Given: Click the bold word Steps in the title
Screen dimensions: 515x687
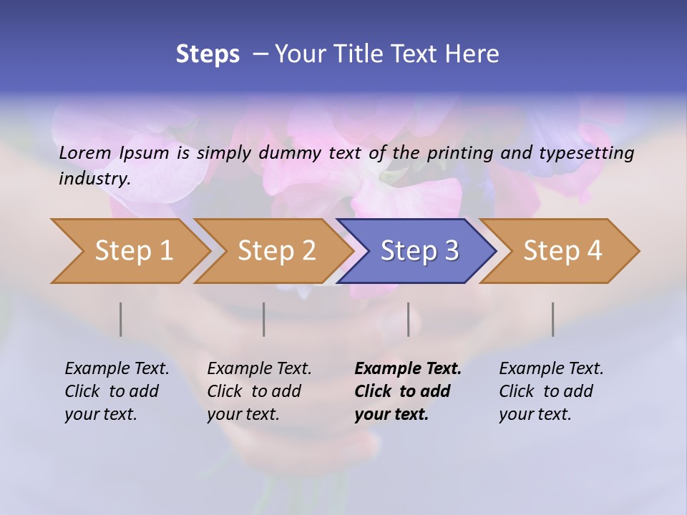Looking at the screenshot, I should click(x=208, y=54).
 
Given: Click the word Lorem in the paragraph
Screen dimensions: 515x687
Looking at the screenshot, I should click(x=84, y=152).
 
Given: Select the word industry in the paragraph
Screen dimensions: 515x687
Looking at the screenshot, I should click(x=94, y=179).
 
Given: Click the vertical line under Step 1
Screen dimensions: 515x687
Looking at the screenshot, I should click(x=121, y=319).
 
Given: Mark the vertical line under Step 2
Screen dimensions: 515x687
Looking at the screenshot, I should click(x=264, y=319).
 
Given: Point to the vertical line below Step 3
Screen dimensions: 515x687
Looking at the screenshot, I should click(x=409, y=319).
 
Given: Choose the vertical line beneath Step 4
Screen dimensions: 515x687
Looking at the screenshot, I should click(x=553, y=319).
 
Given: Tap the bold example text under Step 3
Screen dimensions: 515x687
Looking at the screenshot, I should click(x=407, y=391).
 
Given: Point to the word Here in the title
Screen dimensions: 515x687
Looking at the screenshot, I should click(x=476, y=54).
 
